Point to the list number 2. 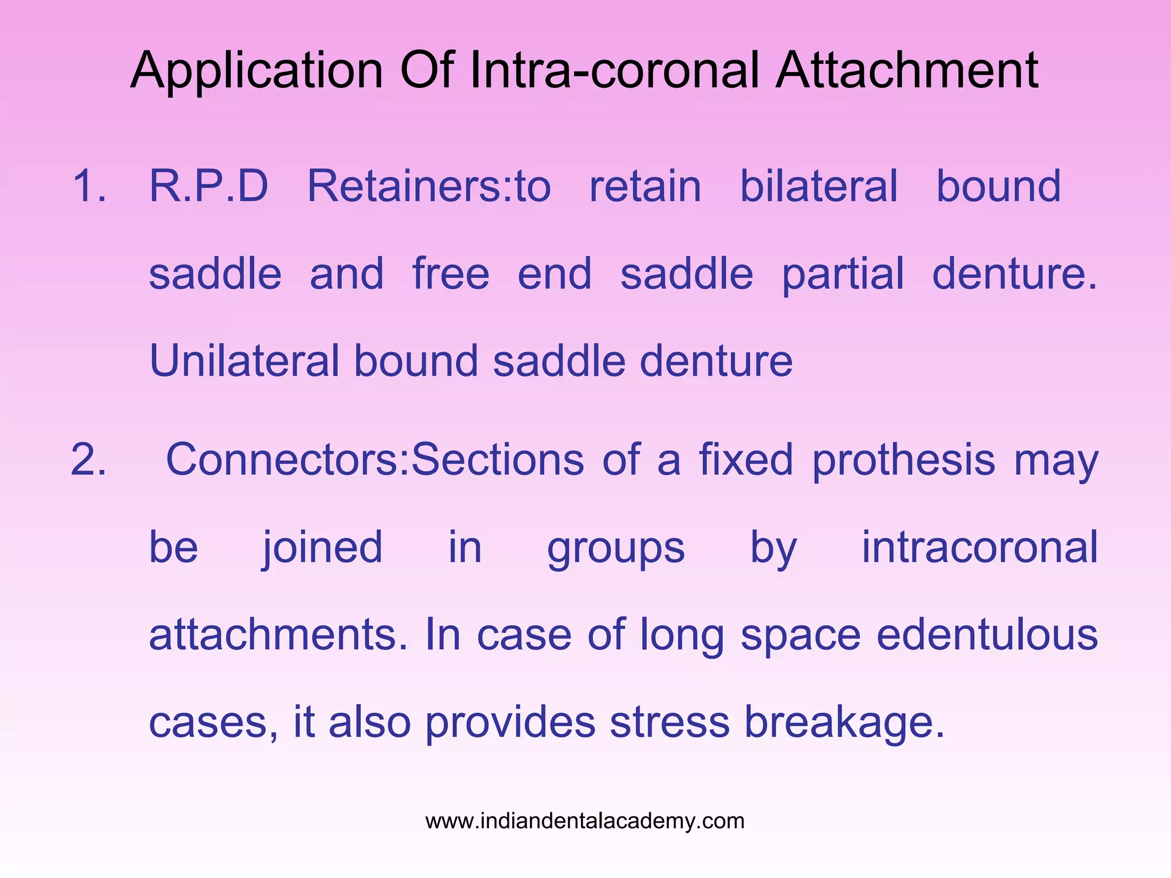click(89, 460)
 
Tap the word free click(451, 274)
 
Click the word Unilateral click(244, 361)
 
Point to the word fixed click(746, 460)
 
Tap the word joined click(322, 548)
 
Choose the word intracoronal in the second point click(979, 547)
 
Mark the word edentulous click(987, 634)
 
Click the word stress click(670, 723)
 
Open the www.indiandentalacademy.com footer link click(585, 821)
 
